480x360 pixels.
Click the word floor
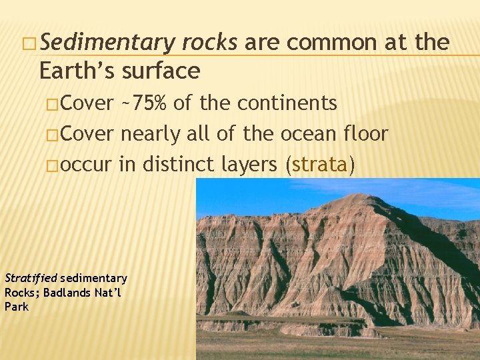(x=364, y=134)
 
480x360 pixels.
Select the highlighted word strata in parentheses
(x=319, y=165)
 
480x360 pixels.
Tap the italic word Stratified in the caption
(x=31, y=278)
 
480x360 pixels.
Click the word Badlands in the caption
(x=61, y=293)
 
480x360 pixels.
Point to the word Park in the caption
(x=17, y=307)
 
